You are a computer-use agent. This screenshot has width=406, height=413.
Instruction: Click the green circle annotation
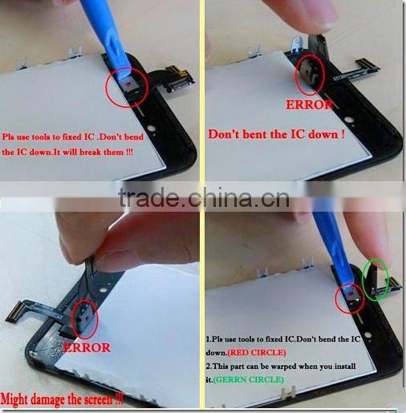[x=377, y=278]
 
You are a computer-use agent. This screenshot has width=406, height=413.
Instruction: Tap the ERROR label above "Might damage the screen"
[x=87, y=347]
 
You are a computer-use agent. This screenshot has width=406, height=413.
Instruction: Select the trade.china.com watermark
[x=203, y=198]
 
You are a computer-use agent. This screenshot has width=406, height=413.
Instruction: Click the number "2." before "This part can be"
[x=209, y=366]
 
